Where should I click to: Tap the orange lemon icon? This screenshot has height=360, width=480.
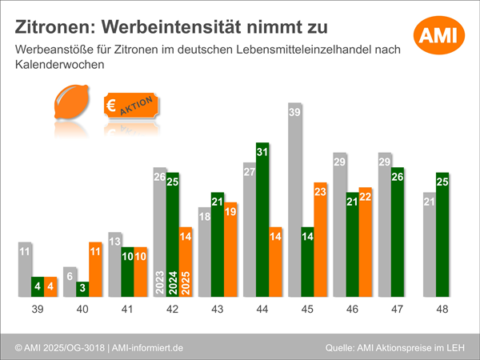(x=69, y=106)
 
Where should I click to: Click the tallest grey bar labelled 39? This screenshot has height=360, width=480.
(x=295, y=200)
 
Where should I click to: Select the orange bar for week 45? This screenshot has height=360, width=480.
(x=321, y=240)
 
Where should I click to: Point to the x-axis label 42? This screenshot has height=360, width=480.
(x=172, y=309)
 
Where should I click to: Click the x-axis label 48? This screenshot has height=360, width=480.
(x=442, y=309)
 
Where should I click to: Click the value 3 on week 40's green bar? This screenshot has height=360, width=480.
(x=82, y=286)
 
